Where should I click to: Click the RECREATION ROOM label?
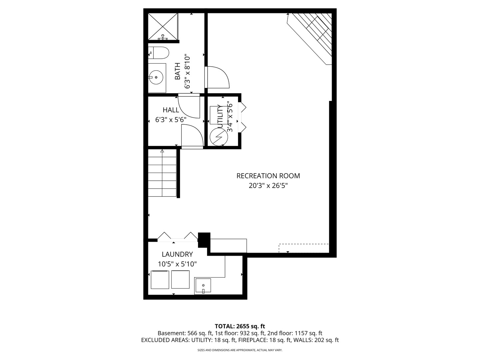[x=268, y=176]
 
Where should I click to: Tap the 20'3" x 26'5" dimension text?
[x=268, y=186]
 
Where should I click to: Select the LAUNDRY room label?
[x=177, y=254]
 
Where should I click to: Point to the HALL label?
[x=171, y=110]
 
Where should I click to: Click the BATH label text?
[x=178, y=71]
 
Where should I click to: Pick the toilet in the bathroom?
[x=159, y=53]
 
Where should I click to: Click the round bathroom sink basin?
[x=156, y=77]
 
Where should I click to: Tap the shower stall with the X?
[x=163, y=27]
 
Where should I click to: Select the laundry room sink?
[x=203, y=285]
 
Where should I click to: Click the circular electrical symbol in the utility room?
[x=219, y=137]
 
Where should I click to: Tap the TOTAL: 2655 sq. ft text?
[x=240, y=326]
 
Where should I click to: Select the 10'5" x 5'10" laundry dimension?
[x=177, y=264]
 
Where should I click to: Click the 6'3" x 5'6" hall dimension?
[x=171, y=120]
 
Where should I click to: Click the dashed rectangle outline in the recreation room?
[x=304, y=248]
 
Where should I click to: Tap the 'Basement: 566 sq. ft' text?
[x=185, y=333]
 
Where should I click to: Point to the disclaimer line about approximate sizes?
[x=240, y=350]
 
